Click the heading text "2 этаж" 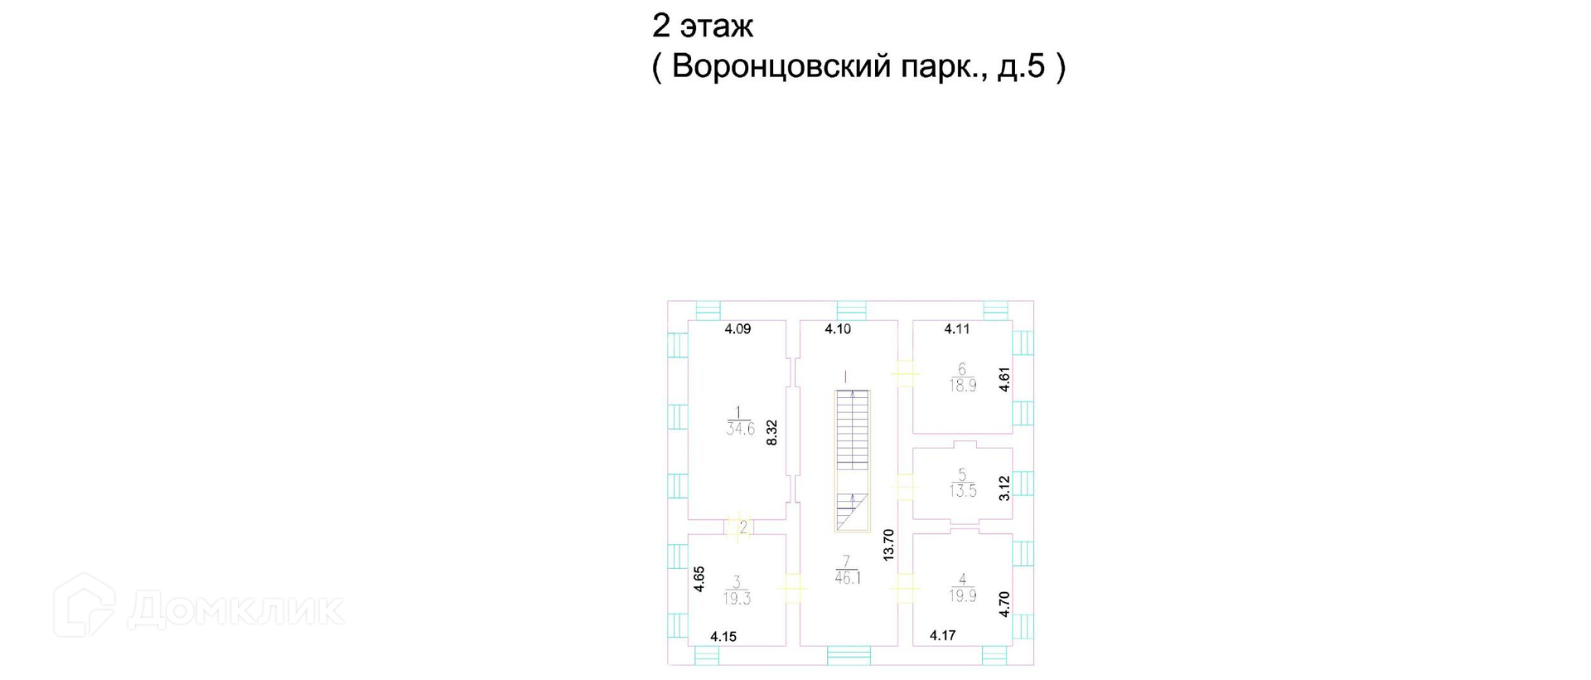click(x=702, y=27)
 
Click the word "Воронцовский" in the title click(x=780, y=66)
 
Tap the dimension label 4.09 click(x=737, y=329)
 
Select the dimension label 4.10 click(x=838, y=329)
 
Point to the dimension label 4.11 click(x=957, y=329)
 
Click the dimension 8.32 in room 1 click(x=772, y=433)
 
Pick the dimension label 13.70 click(x=889, y=545)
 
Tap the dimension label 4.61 click(x=1004, y=380)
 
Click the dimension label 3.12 click(x=1004, y=488)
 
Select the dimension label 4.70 click(x=1004, y=604)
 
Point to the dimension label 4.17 click(x=942, y=636)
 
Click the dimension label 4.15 click(x=723, y=637)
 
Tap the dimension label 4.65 click(x=699, y=579)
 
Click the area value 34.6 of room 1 click(x=740, y=430)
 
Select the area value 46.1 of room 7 click(x=848, y=579)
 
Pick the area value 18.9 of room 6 click(x=963, y=386)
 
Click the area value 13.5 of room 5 click(x=963, y=491)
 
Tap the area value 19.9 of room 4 click(x=963, y=596)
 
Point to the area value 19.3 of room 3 click(x=737, y=599)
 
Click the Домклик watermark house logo click(x=85, y=605)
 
